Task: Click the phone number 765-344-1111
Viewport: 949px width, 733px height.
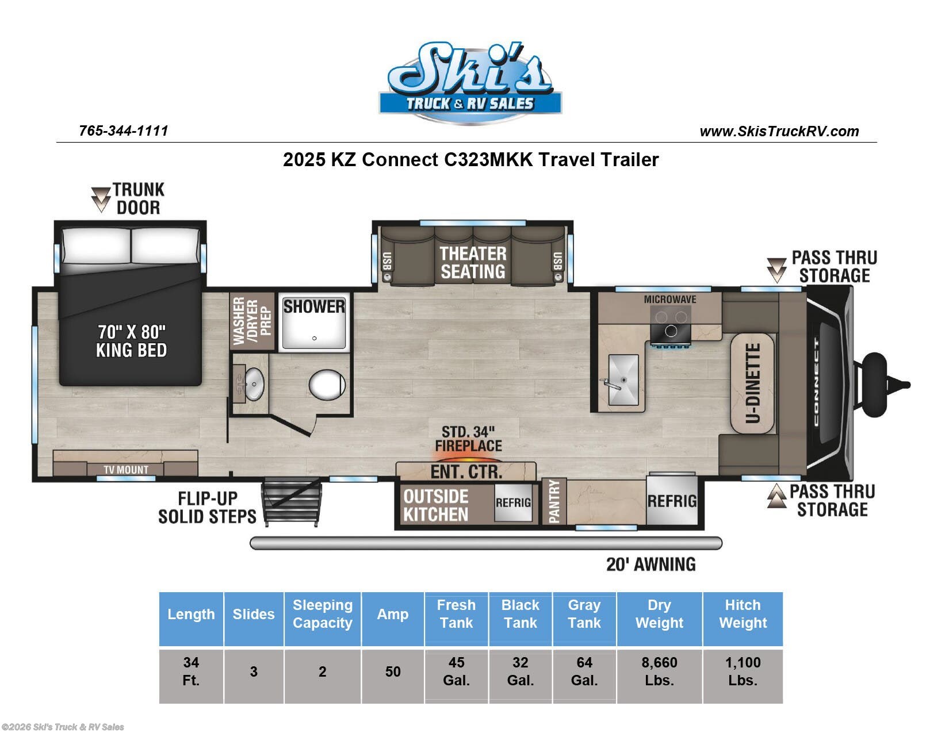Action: pyautogui.click(x=124, y=131)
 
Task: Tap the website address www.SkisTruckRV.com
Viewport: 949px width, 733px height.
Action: pyautogui.click(x=779, y=132)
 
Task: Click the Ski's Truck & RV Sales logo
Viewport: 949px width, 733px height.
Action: pyautogui.click(x=470, y=83)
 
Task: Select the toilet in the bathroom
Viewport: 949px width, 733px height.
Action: pyautogui.click(x=327, y=385)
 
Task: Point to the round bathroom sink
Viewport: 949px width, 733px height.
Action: pyautogui.click(x=254, y=384)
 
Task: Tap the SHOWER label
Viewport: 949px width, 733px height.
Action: pyautogui.click(x=314, y=306)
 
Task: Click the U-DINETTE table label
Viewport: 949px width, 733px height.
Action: pyautogui.click(x=752, y=383)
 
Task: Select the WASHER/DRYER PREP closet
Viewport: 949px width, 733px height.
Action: pyautogui.click(x=252, y=321)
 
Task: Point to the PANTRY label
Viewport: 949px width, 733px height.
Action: pyautogui.click(x=554, y=501)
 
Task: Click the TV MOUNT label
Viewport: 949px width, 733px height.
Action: pyautogui.click(x=126, y=470)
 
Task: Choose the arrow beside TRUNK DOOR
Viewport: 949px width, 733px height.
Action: pyautogui.click(x=101, y=199)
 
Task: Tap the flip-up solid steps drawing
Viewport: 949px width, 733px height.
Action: pyautogui.click(x=291, y=502)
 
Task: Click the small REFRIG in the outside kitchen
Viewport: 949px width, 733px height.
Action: pyautogui.click(x=513, y=502)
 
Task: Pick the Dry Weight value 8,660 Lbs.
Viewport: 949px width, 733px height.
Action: pyautogui.click(x=659, y=671)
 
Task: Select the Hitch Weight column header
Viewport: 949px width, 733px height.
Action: pyautogui.click(x=743, y=614)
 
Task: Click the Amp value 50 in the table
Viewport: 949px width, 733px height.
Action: pyautogui.click(x=393, y=671)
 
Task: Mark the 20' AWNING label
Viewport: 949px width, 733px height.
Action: pyautogui.click(x=650, y=564)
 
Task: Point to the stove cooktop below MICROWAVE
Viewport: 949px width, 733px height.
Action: pyautogui.click(x=671, y=324)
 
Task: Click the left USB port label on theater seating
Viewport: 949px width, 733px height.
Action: pyautogui.click(x=387, y=261)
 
